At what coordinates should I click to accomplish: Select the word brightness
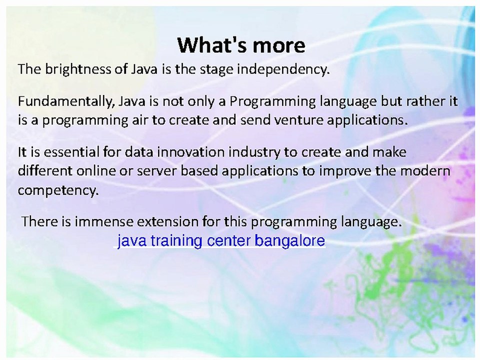(x=78, y=69)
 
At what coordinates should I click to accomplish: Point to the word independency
(x=283, y=69)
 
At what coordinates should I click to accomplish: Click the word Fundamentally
(x=66, y=101)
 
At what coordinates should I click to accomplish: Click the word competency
(x=58, y=190)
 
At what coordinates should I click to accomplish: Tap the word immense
(x=104, y=221)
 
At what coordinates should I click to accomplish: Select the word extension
(x=168, y=221)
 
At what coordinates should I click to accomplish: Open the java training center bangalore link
(x=221, y=240)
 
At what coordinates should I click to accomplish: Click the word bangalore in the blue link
(x=289, y=240)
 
